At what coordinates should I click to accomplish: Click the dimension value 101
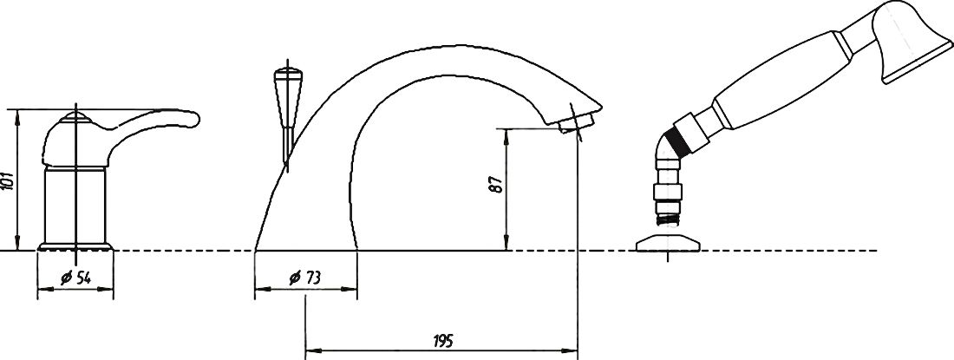(x=7, y=181)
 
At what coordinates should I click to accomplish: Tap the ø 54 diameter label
(x=76, y=278)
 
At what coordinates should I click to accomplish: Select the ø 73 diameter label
(x=304, y=278)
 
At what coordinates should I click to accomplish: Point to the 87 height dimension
(x=497, y=185)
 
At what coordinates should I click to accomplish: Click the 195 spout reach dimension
(x=443, y=342)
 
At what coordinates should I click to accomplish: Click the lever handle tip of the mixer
(x=193, y=118)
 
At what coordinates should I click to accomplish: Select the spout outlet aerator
(x=575, y=123)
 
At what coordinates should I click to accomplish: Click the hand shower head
(x=911, y=40)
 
